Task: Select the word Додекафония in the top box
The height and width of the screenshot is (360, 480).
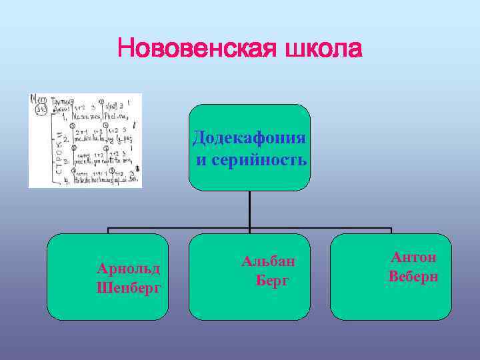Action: (249, 138)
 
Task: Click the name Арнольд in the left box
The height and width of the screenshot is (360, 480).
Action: (129, 269)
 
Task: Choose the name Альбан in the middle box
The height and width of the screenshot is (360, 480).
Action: (268, 261)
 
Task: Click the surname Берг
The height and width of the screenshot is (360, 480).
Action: (273, 280)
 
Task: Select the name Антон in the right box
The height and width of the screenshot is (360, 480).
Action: (413, 257)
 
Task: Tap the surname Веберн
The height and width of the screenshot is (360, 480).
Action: (413, 276)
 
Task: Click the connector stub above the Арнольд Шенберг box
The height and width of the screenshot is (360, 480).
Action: (109, 230)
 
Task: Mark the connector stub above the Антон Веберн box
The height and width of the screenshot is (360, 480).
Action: (391, 230)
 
